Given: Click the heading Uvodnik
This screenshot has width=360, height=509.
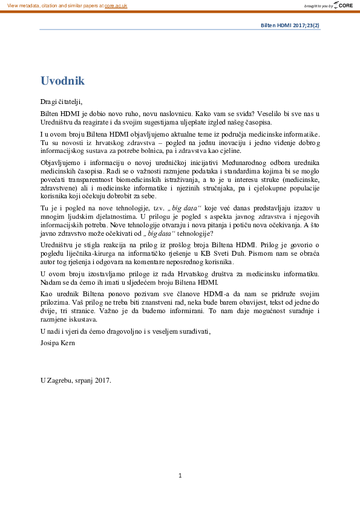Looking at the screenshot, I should click(x=62, y=81).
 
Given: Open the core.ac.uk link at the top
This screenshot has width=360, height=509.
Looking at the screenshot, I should click(x=116, y=5).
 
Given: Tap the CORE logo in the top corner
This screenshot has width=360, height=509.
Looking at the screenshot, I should click(x=345, y=5).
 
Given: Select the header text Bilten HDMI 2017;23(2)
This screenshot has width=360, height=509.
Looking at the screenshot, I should click(x=290, y=26).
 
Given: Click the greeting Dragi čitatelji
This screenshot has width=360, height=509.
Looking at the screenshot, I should click(x=61, y=102).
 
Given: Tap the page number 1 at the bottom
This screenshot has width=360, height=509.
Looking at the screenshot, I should click(x=180, y=476).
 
